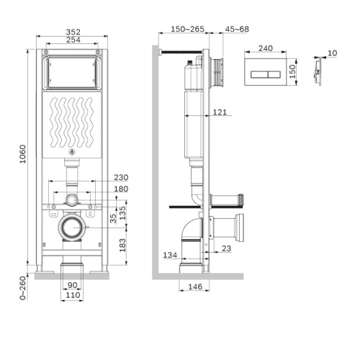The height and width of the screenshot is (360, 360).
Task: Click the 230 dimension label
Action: pos(120,178)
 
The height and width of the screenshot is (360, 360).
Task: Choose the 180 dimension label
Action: pos(120,189)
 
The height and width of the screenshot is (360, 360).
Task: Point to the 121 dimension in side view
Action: pos(220,112)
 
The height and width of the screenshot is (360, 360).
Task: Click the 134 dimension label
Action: pos(170,255)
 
